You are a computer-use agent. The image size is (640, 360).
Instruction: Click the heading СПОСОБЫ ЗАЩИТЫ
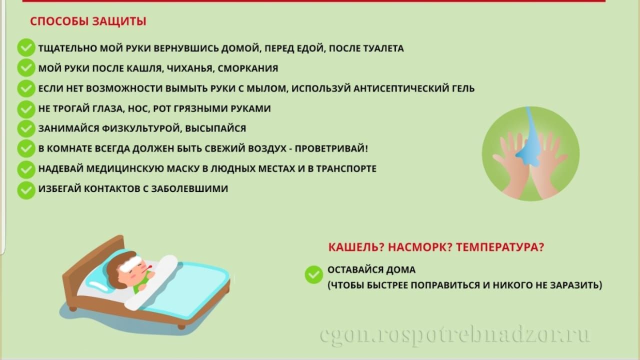(88, 21)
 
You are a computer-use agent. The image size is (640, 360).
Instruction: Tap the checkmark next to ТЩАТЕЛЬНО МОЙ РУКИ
(26, 47)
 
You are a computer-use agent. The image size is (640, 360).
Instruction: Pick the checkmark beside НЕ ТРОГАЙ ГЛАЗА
(26, 109)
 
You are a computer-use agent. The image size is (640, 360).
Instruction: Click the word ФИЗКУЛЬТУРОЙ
(140, 128)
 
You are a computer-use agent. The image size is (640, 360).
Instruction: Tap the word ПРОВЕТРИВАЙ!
(331, 148)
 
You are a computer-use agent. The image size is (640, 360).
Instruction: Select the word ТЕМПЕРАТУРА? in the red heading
(499, 247)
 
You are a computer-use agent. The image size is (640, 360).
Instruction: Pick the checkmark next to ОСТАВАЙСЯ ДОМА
(313, 274)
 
